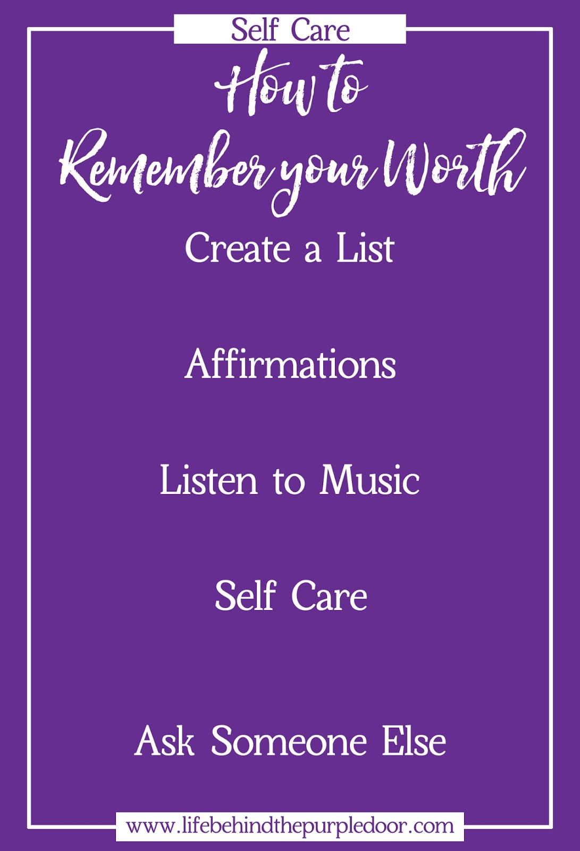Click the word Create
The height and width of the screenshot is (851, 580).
click(237, 249)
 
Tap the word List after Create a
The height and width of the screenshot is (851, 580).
click(365, 249)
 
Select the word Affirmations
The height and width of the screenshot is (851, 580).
click(290, 365)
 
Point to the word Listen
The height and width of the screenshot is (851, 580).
click(208, 480)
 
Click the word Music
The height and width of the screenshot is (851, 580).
click(369, 480)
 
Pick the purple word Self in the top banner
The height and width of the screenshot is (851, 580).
click(255, 30)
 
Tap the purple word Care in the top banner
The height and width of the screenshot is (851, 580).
click(321, 30)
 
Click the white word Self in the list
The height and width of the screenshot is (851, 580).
click(246, 596)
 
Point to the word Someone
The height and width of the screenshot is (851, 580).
click(289, 741)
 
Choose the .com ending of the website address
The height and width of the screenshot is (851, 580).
click(433, 827)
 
